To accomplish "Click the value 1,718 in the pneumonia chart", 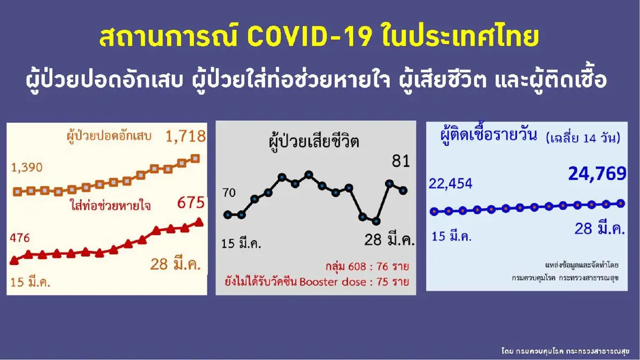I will pos(185,137).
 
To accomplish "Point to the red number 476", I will pos(19,238).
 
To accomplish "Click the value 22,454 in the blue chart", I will pos(450,184).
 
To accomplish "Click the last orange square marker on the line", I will pos(195,158).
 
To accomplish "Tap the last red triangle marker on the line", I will pos(199,221).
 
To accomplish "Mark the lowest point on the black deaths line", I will pos(377,221).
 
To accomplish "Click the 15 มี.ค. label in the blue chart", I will pos(451,236).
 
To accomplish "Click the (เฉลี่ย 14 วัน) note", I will pos(583,139).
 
